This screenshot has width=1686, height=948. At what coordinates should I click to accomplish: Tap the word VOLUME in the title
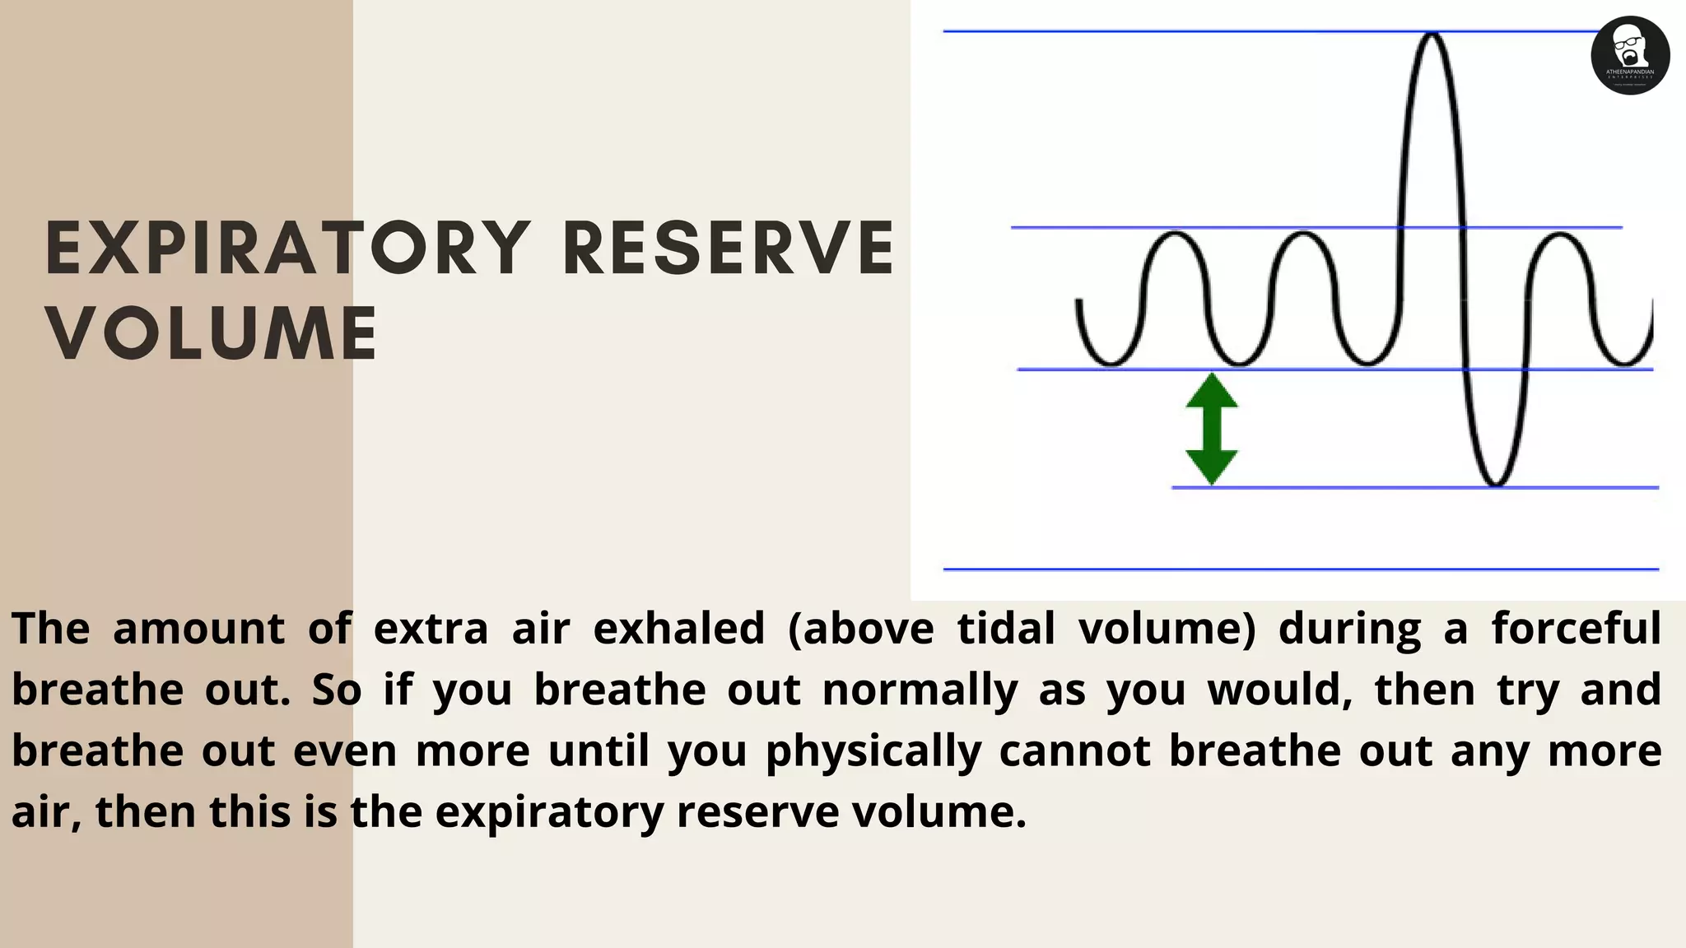[x=212, y=333]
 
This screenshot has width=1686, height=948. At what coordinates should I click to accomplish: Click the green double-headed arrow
[x=1212, y=429]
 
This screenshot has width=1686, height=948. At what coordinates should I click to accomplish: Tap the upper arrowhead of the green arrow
[x=1212, y=390]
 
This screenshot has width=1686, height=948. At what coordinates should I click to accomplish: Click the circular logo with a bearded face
[x=1630, y=55]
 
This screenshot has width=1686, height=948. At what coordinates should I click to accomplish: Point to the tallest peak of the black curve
[x=1432, y=35]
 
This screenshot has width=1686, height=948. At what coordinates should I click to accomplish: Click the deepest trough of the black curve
[x=1495, y=484]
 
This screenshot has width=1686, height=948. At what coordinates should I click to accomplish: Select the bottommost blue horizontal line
[x=1301, y=569]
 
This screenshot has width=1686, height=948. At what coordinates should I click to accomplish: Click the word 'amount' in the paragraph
[x=198, y=629]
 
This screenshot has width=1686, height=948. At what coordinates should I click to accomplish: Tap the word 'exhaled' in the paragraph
[x=679, y=629]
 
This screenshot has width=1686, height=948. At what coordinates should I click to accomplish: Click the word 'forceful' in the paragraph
[x=1576, y=629]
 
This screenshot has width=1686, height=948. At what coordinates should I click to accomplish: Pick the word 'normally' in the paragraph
[x=920, y=690]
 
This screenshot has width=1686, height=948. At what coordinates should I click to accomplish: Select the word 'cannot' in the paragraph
[x=1074, y=750]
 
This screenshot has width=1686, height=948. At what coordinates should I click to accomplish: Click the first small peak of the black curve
[x=1176, y=235]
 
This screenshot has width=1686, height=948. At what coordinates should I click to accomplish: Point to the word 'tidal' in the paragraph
[x=1006, y=629]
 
